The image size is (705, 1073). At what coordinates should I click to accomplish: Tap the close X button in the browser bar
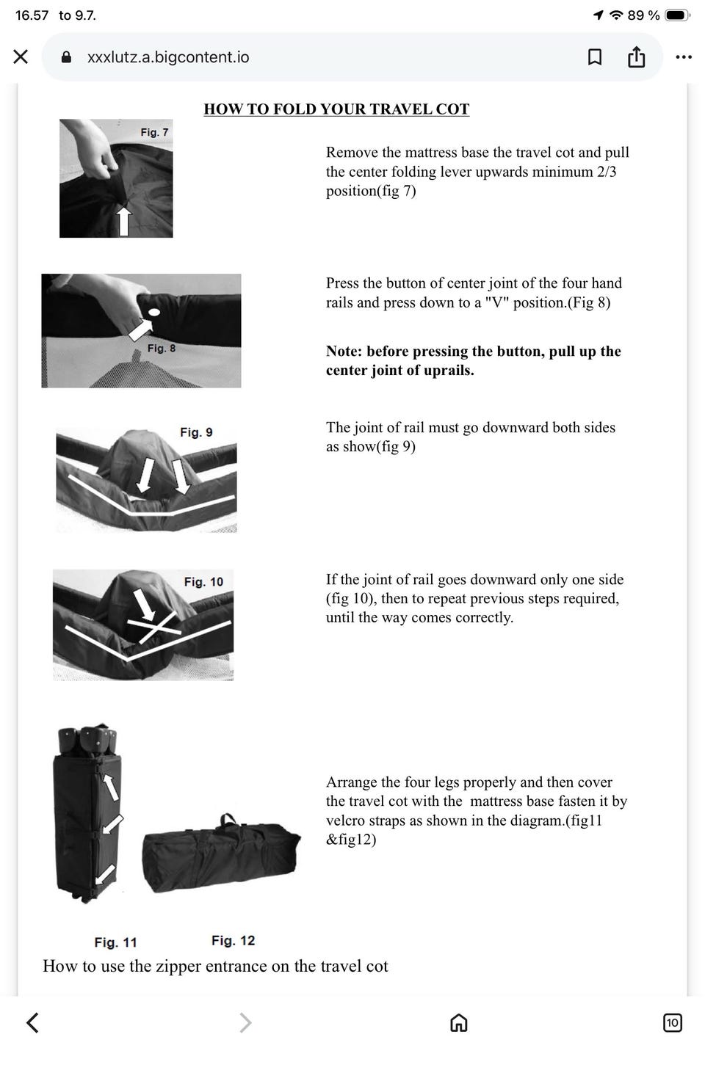[x=21, y=57]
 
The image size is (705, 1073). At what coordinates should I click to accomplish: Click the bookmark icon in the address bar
[x=594, y=57]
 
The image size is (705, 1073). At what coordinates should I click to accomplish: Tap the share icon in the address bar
[x=636, y=57]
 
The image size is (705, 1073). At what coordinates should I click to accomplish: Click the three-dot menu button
[x=683, y=57]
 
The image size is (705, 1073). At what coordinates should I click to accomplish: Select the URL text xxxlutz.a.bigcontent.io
[x=168, y=57]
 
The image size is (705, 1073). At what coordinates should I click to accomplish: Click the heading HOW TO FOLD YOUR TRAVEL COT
[x=336, y=109]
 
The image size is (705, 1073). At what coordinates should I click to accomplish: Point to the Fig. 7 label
[x=154, y=132]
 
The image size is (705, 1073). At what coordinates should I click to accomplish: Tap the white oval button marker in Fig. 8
[x=153, y=313]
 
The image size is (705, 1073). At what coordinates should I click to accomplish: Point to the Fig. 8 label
[x=162, y=348]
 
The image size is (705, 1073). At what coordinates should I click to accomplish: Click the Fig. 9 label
[x=196, y=432]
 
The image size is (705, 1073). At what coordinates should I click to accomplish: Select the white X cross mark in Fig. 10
[x=154, y=626]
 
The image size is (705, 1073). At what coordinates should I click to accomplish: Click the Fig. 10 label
[x=203, y=581]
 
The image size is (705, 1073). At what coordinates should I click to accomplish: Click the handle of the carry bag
[x=228, y=821]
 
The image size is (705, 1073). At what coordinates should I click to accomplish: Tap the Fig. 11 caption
[x=115, y=942]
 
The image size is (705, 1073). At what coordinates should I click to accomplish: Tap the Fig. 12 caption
[x=233, y=940]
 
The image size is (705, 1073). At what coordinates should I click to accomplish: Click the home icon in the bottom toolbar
[x=459, y=1022]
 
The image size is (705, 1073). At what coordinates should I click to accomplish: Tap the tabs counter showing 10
[x=672, y=1022]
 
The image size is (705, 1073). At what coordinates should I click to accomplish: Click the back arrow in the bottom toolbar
[x=32, y=1022]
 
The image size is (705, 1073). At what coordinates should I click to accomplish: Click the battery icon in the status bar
[x=676, y=15]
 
